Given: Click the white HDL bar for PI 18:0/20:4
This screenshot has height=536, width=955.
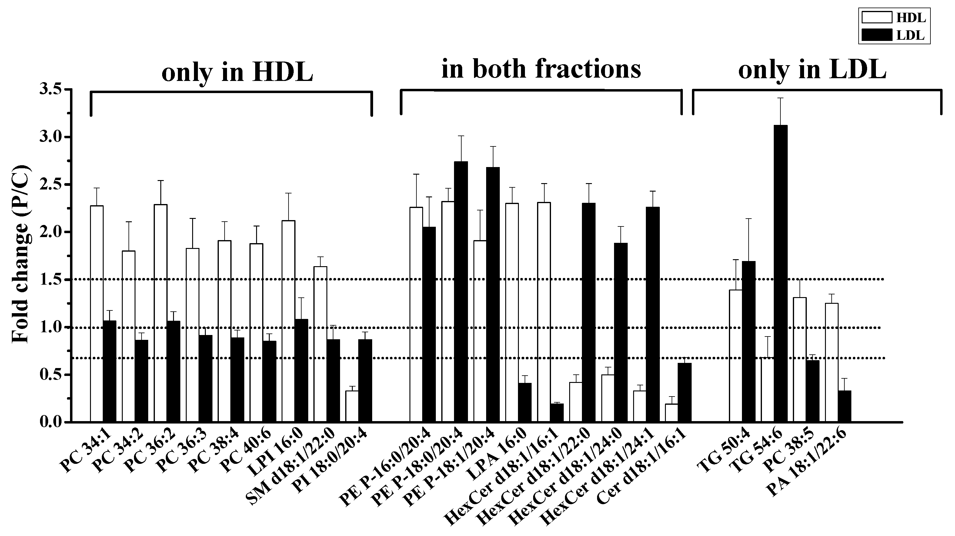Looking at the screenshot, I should tap(352, 406).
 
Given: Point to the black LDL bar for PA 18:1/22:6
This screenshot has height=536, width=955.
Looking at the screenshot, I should tap(844, 406).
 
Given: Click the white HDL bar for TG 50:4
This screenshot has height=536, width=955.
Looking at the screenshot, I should tap(736, 356).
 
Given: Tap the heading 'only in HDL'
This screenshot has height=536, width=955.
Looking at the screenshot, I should tap(237, 71).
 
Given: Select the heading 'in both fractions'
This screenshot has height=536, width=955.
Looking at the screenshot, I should tap(541, 69).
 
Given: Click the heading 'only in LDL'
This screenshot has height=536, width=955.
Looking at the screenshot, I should tap(812, 70).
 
